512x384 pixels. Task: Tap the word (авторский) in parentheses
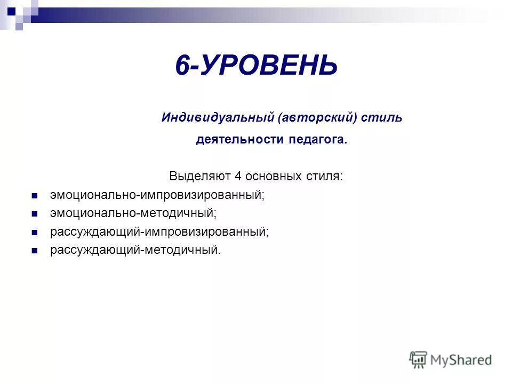pos(317,118)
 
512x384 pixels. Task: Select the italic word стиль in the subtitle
pos(382,118)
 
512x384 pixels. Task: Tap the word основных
pos(269,176)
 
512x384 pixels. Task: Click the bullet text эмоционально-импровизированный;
pos(157,195)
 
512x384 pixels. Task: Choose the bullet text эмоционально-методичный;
pos(133,213)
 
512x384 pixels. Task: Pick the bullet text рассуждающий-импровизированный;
pos(159,232)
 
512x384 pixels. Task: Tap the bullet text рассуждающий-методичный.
pos(135,250)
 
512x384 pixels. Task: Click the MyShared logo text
pos(462,360)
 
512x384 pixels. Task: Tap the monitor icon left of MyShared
pos(419,359)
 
